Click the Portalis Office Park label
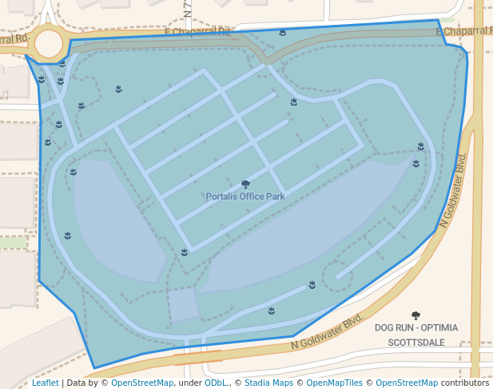coord(245,196)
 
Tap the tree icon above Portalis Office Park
coord(245,185)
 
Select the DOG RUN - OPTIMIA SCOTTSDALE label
coord(415,335)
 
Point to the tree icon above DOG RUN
coord(415,315)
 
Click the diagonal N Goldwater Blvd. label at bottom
coord(327,333)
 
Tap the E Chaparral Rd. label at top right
coord(464,31)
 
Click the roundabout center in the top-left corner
coord(49,44)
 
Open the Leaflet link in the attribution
coord(45,383)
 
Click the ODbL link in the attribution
coord(216,383)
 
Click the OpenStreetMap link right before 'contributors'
coord(407,383)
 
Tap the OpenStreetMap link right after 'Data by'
coord(142,383)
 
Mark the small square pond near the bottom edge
coord(184,305)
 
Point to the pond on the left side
coord(116,220)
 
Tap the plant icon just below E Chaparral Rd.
coord(283,33)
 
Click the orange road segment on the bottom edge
coord(197,355)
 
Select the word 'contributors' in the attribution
coord(464,383)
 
